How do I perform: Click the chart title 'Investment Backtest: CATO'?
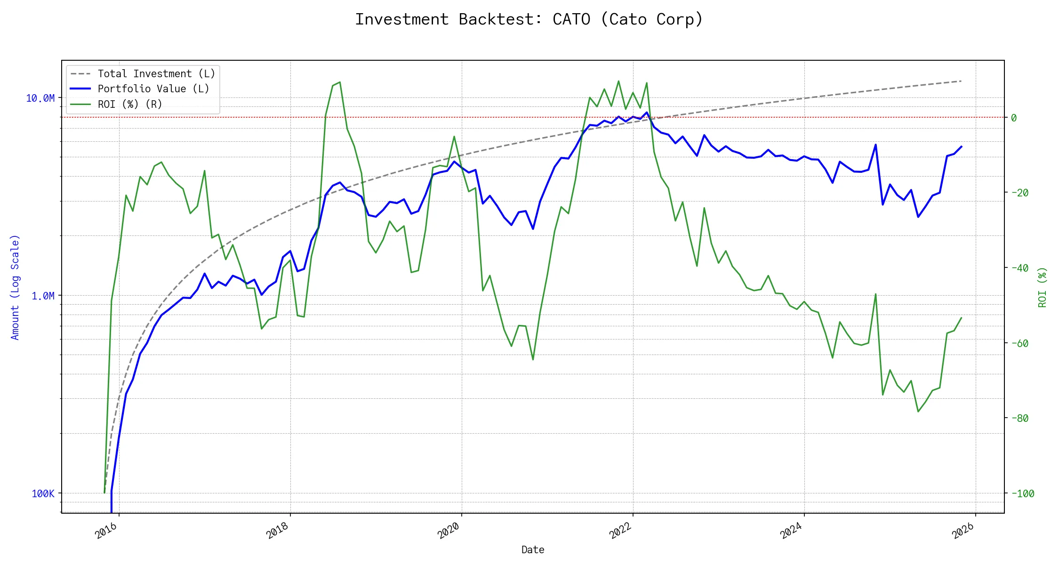click(x=529, y=19)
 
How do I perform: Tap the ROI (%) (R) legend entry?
click(x=129, y=104)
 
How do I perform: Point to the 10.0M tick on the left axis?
click(x=40, y=98)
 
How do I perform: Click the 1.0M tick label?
click(x=43, y=296)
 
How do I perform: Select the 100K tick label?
click(x=43, y=493)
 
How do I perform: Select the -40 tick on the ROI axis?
click(x=1019, y=268)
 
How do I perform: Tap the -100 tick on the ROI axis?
click(x=1022, y=493)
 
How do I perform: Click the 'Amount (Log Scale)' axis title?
click(x=15, y=287)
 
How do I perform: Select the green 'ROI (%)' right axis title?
click(x=1043, y=287)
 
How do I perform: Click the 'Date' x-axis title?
click(x=533, y=549)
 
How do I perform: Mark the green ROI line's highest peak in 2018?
click(x=340, y=82)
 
